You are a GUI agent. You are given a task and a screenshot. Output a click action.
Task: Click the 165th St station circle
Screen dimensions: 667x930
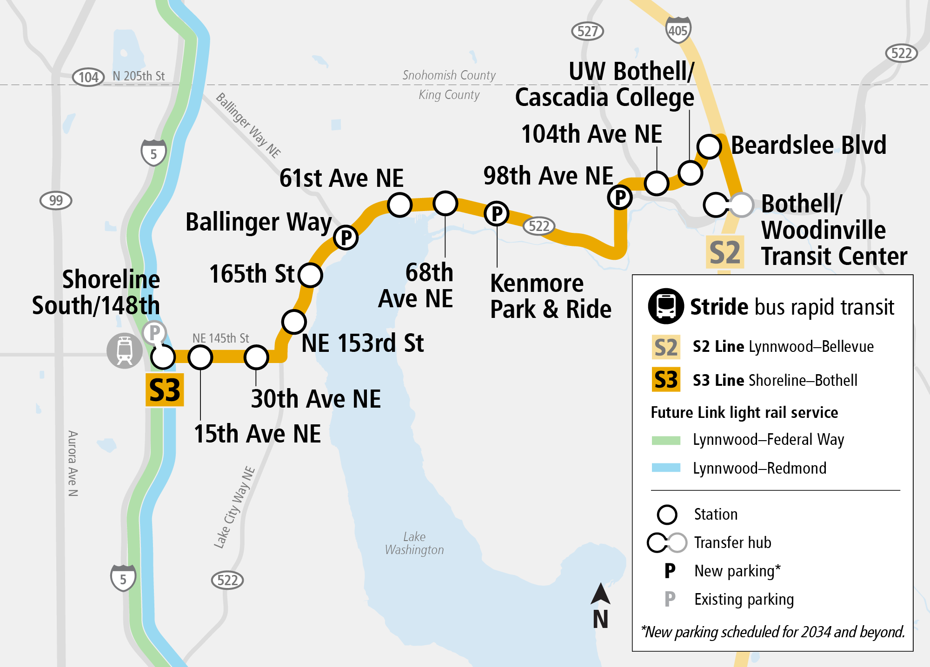(310, 275)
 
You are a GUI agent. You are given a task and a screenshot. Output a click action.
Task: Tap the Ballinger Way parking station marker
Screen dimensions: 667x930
(345, 238)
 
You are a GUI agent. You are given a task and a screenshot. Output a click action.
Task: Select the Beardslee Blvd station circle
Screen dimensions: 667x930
(709, 146)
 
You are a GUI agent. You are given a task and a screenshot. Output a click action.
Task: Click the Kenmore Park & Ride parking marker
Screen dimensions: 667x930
(497, 214)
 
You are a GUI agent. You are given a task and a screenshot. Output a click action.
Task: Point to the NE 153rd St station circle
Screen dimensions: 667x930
(294, 322)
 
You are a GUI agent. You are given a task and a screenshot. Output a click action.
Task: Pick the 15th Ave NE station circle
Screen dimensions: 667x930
(200, 357)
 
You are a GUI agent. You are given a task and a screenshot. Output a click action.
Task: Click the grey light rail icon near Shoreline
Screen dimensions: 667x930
(124, 350)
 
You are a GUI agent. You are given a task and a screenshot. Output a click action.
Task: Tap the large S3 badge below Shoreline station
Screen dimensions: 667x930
(165, 390)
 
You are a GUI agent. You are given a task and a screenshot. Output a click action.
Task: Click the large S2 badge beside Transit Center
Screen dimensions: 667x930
(724, 252)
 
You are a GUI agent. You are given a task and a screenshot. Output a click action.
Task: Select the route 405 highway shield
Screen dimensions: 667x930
(678, 30)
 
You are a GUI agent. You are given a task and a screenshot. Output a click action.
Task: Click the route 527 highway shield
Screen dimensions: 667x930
(587, 31)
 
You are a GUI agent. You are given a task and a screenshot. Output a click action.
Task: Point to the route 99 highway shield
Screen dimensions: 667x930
(56, 200)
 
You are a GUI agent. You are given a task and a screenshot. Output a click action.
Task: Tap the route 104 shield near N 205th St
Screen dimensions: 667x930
(88, 77)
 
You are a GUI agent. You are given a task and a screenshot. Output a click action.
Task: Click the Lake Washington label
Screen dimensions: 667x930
(414, 543)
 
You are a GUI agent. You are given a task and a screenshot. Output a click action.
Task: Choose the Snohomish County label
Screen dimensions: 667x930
(449, 75)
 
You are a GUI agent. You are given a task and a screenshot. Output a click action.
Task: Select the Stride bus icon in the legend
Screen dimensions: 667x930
(666, 306)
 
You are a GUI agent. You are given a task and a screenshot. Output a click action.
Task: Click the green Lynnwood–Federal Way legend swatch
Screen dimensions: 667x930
(666, 440)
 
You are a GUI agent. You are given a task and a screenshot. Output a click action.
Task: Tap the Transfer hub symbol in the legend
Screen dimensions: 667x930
(667, 542)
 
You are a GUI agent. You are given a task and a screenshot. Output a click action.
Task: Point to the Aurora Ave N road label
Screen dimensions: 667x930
(73, 463)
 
